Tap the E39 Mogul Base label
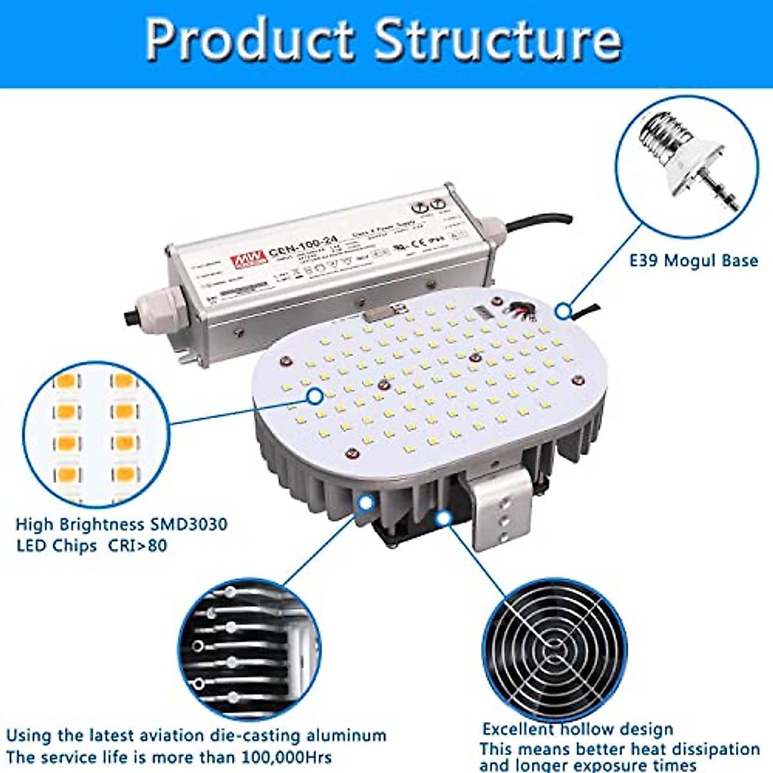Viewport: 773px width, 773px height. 693,261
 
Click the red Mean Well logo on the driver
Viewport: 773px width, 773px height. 249,258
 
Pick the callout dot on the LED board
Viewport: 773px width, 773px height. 315,396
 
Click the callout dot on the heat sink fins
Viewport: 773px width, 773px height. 366,503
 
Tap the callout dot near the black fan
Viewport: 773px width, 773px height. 443,517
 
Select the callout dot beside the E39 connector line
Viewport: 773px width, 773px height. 564,312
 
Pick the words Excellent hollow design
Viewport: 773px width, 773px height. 578,729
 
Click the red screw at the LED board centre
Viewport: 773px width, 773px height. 383,385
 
